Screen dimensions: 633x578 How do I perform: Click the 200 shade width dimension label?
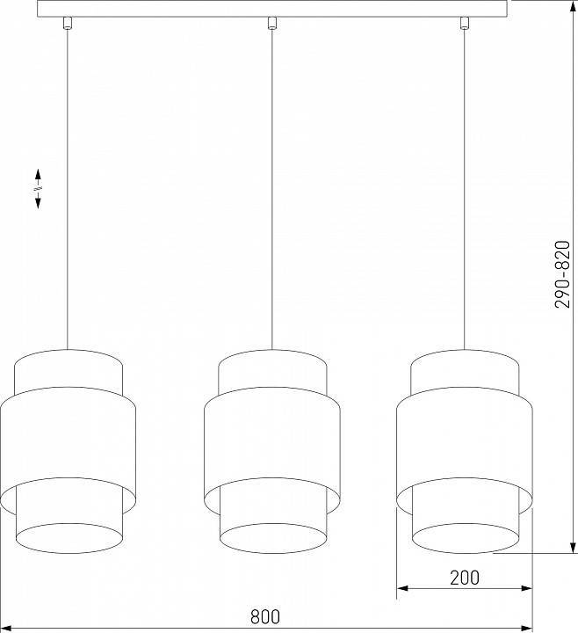click(465, 578)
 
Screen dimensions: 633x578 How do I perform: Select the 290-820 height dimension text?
click(563, 274)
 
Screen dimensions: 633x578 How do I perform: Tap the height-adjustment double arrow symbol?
click(39, 188)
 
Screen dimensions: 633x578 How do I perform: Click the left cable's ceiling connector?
click(67, 25)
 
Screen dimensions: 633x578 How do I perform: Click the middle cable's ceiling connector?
click(271, 23)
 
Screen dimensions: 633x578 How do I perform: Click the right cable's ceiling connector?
click(465, 23)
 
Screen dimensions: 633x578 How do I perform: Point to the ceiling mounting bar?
click(273, 8)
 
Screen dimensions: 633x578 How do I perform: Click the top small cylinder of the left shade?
click(68, 369)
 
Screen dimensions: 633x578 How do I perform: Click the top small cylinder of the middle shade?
click(271, 369)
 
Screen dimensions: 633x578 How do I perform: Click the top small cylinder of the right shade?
click(465, 369)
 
